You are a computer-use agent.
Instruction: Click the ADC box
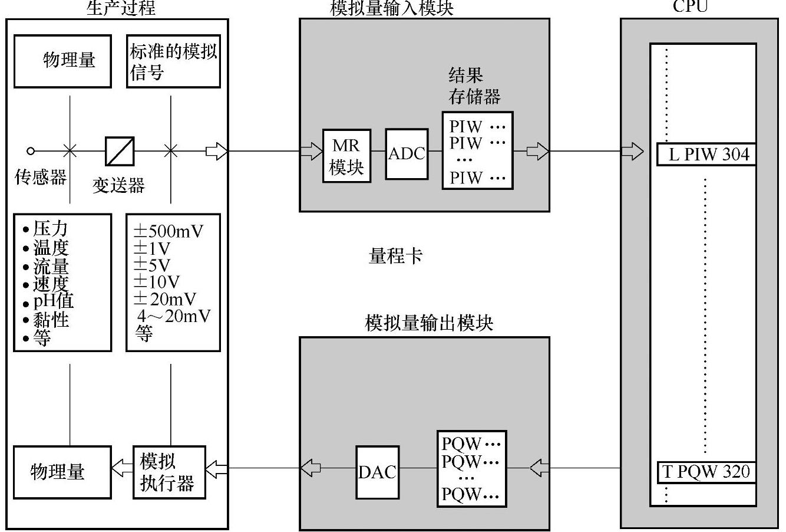(x=407, y=154)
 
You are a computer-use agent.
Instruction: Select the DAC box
(x=377, y=472)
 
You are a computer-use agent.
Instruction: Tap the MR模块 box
(x=347, y=156)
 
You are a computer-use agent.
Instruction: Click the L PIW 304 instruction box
(x=705, y=155)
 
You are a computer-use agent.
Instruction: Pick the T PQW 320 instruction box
(x=705, y=472)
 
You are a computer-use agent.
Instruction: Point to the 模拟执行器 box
(x=169, y=472)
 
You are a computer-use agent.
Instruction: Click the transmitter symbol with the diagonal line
(x=120, y=152)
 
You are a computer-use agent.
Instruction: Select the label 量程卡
(x=395, y=256)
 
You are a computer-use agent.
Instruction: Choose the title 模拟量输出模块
(x=429, y=323)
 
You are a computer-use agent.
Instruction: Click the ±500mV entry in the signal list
(x=169, y=231)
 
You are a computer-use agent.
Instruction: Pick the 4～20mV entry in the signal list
(x=173, y=316)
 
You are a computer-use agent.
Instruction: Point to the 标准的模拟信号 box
(x=173, y=61)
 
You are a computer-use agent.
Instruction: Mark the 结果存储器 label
(x=474, y=86)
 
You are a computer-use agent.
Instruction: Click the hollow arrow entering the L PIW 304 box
(x=633, y=152)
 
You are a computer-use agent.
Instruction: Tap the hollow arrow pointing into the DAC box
(x=311, y=468)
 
